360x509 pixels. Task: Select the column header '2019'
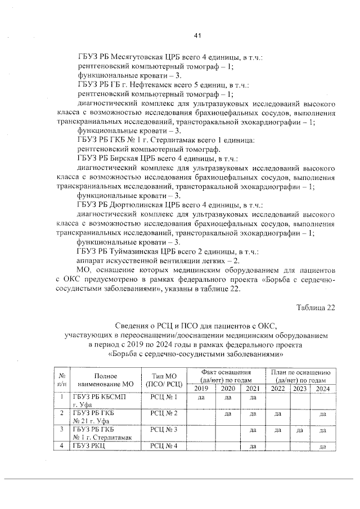[201, 389]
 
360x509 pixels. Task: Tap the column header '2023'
[299, 389]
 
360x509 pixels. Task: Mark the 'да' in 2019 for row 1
[201, 398]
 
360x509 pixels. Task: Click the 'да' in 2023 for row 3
[299, 431]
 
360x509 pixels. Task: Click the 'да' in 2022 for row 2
[277, 415]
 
